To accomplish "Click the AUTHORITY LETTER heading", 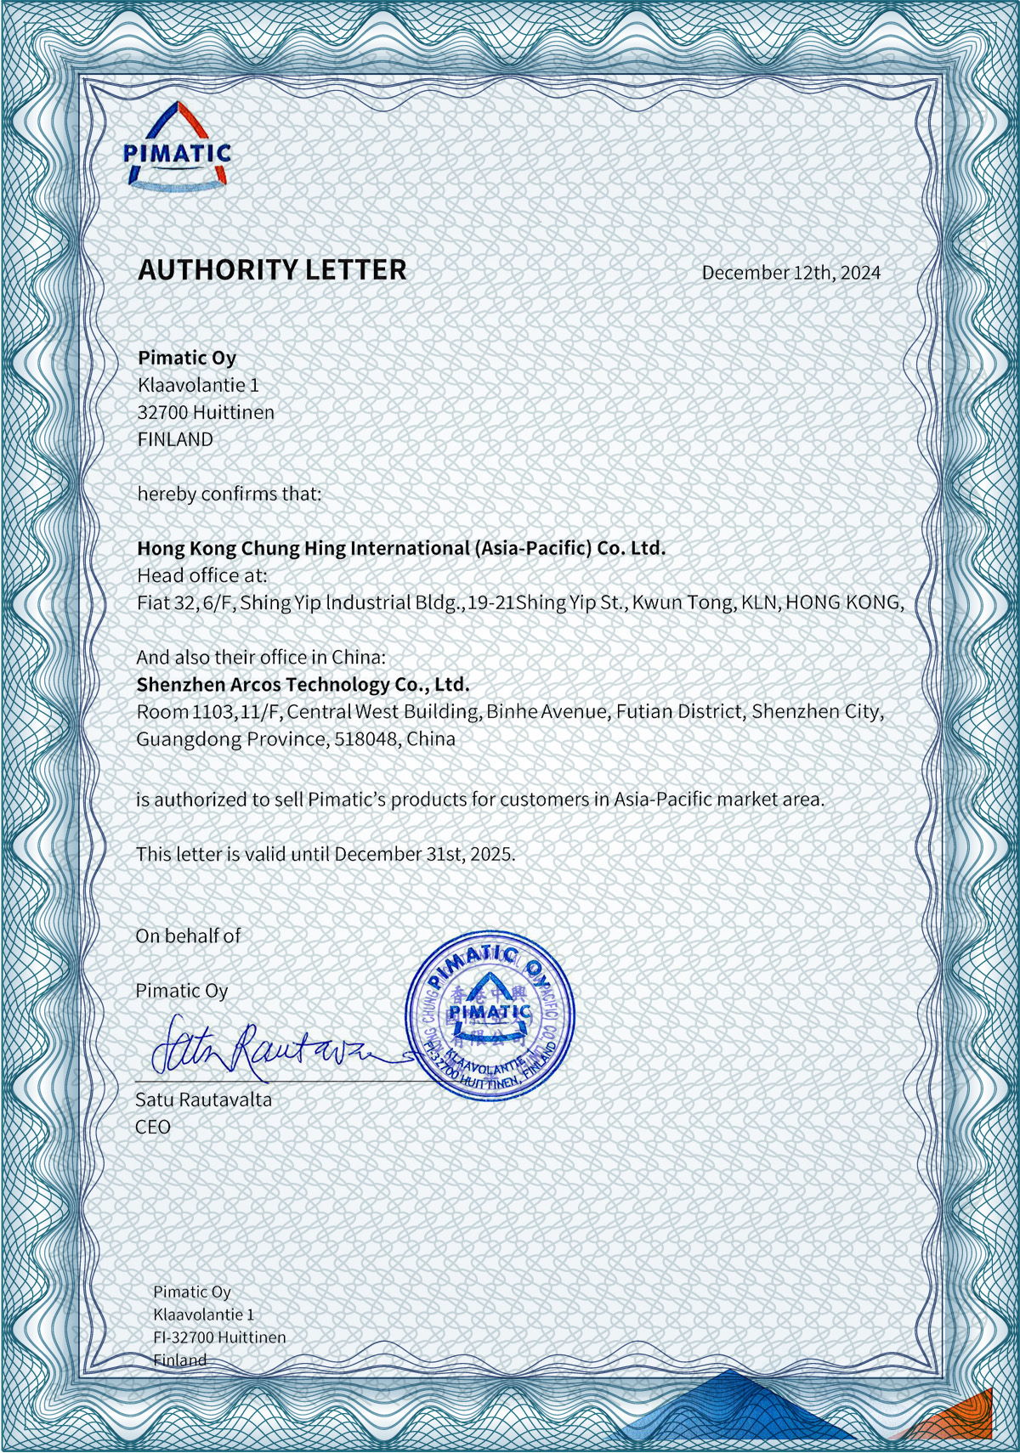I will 272,270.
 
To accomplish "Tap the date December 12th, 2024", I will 790,273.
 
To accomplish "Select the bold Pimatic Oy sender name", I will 187,358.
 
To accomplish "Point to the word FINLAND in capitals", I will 175,439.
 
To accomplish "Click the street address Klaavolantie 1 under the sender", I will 198,385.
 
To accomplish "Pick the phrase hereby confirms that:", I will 229,494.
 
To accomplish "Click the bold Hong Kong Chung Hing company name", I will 401,548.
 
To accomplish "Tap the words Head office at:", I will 202,575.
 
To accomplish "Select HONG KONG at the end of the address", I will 843,602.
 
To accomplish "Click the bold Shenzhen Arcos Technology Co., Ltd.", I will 303,684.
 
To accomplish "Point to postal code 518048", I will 365,738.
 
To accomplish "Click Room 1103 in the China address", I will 185,711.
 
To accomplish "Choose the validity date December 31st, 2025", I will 424,854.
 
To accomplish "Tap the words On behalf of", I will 188,936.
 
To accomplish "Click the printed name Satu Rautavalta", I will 204,1100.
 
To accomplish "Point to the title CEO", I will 153,1127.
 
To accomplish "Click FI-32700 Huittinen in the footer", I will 219,1337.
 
